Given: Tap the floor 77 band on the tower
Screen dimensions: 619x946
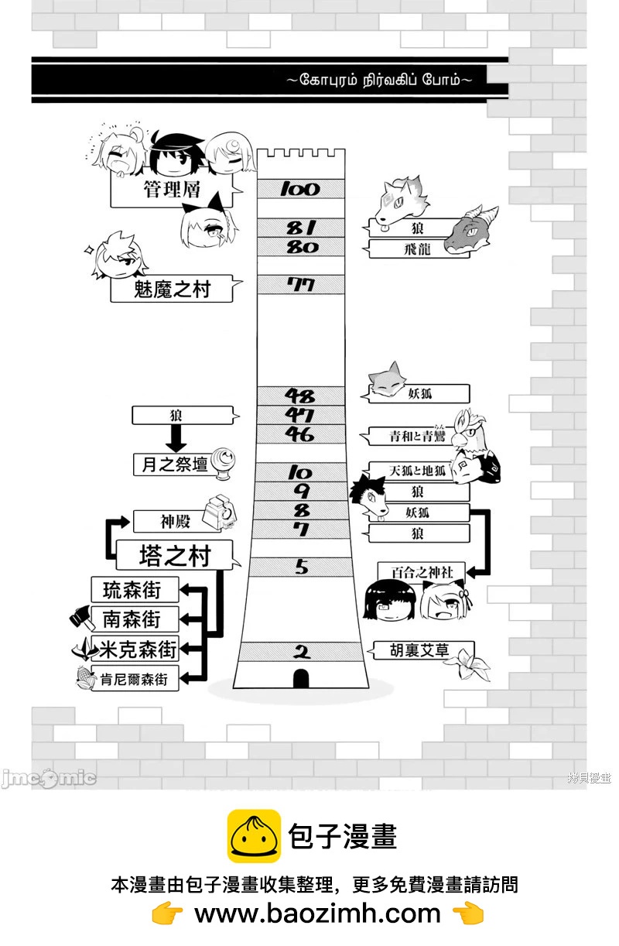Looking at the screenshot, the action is pos(300,285).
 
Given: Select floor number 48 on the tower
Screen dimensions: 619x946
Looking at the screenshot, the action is pos(300,396).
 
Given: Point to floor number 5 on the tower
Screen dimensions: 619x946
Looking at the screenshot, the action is pos(300,567).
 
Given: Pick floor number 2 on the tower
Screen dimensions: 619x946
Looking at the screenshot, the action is pos(300,652).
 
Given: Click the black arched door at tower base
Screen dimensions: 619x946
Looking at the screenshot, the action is pos(301,678).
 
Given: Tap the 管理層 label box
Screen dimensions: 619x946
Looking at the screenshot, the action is pos(172,190).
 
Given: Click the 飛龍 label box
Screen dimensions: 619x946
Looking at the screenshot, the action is pos(419,248).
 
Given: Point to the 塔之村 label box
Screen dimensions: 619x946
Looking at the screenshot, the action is pos(174,555).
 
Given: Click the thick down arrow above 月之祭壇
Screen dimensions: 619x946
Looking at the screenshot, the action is pos(176,440).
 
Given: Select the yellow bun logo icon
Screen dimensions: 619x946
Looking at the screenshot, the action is pos(253,836).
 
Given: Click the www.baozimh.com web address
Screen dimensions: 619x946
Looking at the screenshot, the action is pos(317,914).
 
